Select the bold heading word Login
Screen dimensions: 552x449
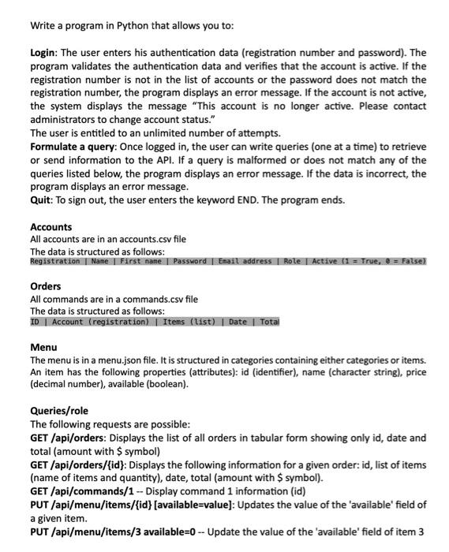(44, 52)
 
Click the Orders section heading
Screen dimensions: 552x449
(45, 287)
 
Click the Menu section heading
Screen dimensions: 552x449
(43, 347)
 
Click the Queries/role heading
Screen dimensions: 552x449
(59, 411)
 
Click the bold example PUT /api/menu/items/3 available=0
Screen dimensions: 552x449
(122, 531)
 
